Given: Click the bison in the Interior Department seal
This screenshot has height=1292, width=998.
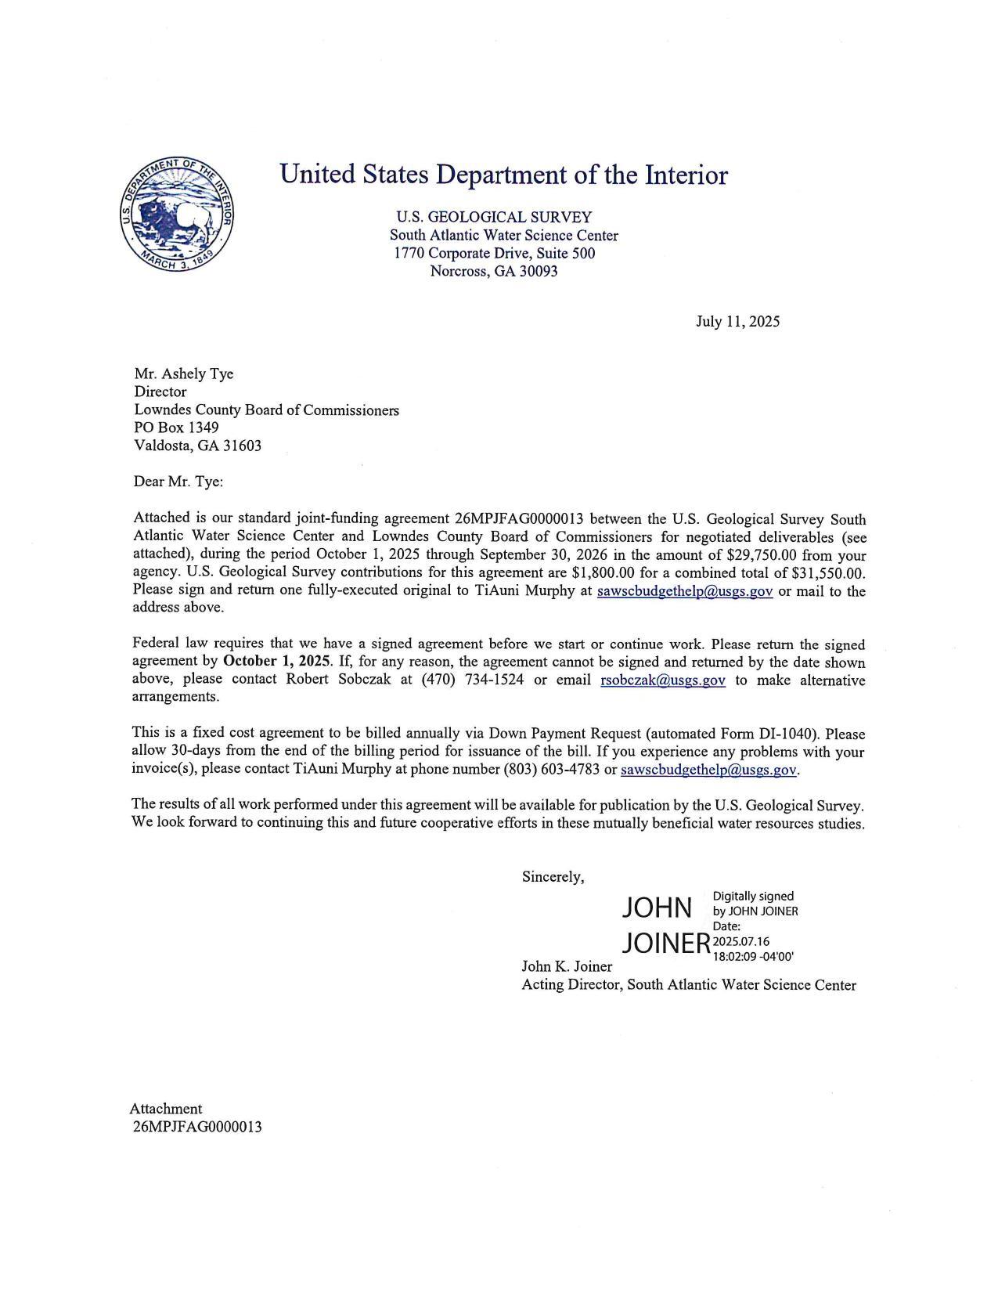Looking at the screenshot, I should [174, 216].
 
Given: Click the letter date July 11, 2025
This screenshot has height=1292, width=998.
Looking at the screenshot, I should [737, 321].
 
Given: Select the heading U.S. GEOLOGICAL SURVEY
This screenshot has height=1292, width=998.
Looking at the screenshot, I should [493, 217].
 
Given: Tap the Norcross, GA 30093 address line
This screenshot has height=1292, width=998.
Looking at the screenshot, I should [493, 272].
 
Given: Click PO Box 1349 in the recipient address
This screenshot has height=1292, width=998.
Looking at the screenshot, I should [176, 428].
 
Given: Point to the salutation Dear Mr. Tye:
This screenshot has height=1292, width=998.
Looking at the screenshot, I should [178, 482].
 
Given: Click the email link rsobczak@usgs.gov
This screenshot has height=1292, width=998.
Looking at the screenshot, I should [662, 680].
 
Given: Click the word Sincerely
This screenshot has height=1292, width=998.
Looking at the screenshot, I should [552, 877].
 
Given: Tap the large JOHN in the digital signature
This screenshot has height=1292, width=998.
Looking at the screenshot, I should [657, 908].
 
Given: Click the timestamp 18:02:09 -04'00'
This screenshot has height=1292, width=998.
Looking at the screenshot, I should [752, 956].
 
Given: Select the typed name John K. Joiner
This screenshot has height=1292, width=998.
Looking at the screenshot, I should [567, 966].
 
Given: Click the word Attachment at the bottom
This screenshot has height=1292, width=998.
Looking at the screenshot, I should [165, 1108].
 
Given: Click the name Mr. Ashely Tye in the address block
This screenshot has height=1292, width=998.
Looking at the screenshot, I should [183, 374].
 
